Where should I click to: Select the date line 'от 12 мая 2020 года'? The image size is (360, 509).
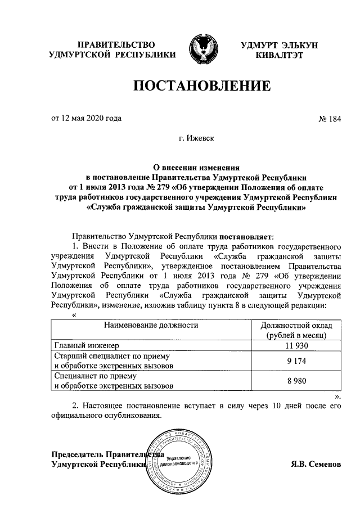pyautogui.click(x=86, y=118)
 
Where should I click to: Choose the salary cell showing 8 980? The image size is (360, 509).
pyautogui.click(x=297, y=381)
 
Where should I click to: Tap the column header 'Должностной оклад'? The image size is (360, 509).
pyautogui.click(x=297, y=326)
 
